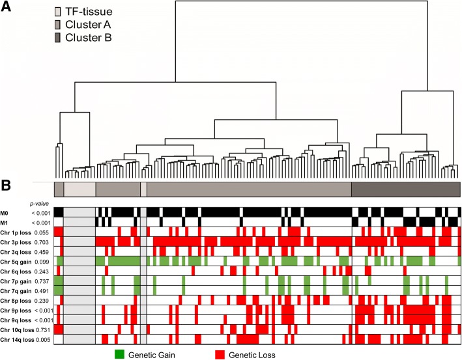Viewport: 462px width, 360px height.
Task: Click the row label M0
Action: click(5, 212)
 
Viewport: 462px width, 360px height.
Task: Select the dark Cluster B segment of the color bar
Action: click(406, 189)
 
